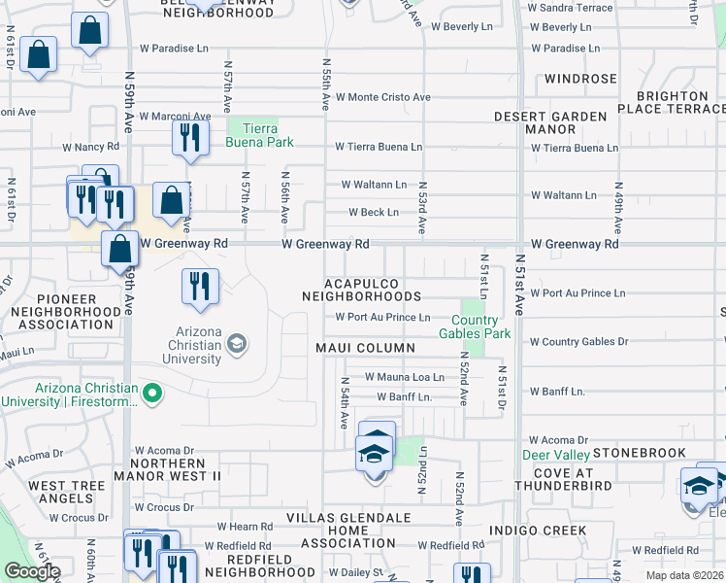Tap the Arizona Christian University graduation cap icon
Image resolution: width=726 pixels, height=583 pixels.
[236, 343]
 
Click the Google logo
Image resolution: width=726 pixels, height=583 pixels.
[32, 571]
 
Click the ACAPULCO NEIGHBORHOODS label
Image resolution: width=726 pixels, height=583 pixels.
[361, 288]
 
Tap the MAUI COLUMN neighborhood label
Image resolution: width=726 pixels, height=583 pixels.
[365, 348]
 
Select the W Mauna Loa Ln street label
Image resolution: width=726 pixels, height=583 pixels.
[404, 377]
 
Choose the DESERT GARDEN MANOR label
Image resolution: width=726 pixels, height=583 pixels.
[550, 122]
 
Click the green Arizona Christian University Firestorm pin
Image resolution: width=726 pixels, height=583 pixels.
[151, 394]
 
